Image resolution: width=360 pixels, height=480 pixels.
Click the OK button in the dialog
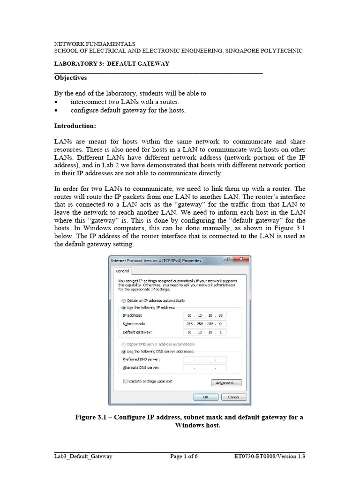click(205, 397)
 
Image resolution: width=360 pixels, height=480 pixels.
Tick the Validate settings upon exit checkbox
click(125, 382)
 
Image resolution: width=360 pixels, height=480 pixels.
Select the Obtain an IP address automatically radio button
click(124, 300)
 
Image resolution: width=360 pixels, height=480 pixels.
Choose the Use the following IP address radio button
click(124, 307)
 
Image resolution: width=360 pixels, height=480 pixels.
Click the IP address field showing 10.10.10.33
click(205, 315)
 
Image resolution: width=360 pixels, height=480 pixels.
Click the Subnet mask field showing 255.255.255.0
click(205, 324)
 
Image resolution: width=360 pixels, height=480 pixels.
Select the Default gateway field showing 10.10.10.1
click(205, 332)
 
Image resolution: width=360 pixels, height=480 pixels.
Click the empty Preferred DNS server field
click(205, 360)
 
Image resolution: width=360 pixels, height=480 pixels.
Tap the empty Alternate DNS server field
click(205, 368)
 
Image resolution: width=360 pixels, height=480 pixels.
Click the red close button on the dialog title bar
click(243, 260)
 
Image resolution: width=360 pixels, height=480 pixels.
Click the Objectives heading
click(70, 78)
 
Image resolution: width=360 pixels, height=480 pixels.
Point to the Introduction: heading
click(75, 126)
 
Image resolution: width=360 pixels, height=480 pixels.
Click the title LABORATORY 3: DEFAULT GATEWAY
click(112, 64)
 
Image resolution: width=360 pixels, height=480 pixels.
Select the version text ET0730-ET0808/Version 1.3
click(270, 456)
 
